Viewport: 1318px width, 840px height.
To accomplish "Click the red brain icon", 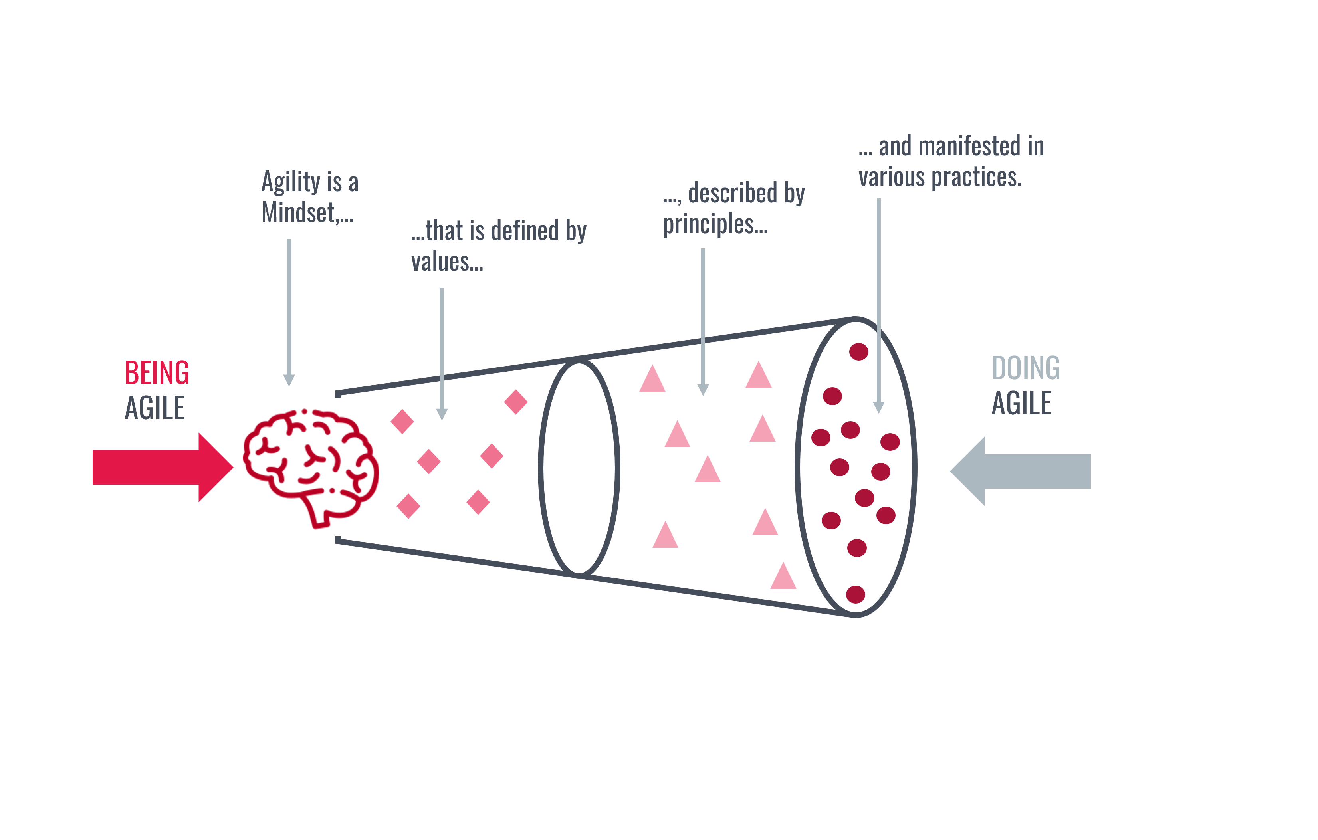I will pos(311,466).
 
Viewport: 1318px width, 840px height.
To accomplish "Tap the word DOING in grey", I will pos(1026,368).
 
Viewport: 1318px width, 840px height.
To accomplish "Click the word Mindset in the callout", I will pos(298,212).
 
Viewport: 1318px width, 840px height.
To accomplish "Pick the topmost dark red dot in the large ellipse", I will pos(858,351).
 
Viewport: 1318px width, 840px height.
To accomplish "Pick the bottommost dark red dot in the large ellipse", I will pos(855,594).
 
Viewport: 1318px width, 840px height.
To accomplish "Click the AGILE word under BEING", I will pos(155,408).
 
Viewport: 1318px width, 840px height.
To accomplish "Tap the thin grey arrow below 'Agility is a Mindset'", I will pos(289,312).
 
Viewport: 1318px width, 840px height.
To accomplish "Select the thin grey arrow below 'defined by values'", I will pos(442,353).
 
